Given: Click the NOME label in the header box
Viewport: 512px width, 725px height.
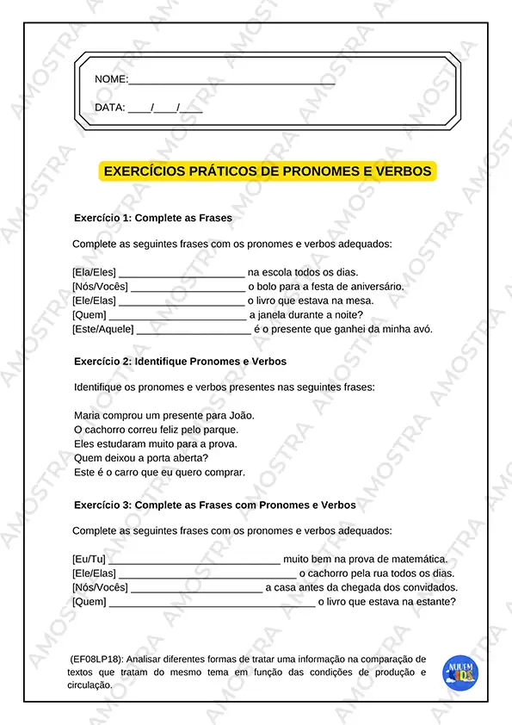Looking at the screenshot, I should tap(110, 79).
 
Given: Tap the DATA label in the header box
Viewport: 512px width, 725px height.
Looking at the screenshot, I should tap(109, 108).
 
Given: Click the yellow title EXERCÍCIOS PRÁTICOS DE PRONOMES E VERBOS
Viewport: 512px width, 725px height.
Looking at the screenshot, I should tap(268, 171).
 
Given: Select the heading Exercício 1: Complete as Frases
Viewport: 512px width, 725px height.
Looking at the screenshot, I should tap(153, 218).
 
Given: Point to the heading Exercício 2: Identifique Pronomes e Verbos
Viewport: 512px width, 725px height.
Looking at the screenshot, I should tap(180, 362).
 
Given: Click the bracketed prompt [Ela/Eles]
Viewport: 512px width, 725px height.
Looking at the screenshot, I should tap(94, 272).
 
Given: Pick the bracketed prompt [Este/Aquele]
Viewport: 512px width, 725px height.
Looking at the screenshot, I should tap(103, 329).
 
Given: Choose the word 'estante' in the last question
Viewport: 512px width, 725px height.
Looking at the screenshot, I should tap(434, 602).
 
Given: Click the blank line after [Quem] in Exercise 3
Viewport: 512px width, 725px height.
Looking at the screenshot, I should tap(212, 602).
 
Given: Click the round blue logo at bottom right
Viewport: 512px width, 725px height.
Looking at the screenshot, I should tap(460, 672).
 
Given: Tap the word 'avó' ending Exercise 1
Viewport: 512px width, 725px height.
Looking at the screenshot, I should tap(423, 329).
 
